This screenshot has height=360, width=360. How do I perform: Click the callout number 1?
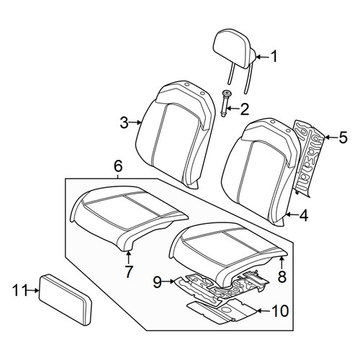[274, 56]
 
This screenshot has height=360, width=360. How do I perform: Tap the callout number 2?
[244, 109]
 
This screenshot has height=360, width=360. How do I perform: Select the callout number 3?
[125, 122]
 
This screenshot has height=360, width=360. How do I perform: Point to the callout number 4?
[304, 215]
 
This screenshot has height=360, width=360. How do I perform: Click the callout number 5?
[343, 138]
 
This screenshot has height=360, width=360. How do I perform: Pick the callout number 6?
[118, 166]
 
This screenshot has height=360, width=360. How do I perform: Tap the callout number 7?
[129, 271]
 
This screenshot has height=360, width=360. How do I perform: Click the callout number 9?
[158, 282]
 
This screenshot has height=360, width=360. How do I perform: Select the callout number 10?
[280, 311]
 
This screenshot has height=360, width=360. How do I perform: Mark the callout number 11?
[19, 290]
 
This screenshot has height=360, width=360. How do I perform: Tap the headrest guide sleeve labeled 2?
[225, 104]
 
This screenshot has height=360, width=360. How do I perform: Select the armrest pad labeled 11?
[66, 300]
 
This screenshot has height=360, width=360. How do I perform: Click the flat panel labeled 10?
[222, 310]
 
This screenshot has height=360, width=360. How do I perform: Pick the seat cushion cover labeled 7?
[129, 217]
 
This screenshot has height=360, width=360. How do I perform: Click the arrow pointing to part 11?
[32, 290]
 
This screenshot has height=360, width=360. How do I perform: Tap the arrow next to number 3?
[135, 122]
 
